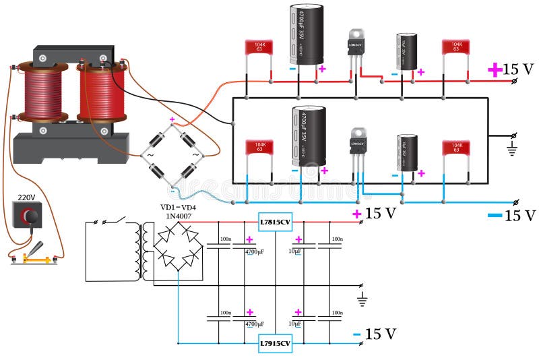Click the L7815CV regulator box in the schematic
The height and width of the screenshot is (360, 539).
(276, 222)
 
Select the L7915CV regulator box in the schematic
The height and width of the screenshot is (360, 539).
(276, 343)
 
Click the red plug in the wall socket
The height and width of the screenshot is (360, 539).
(28, 216)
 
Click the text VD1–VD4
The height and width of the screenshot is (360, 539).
(178, 207)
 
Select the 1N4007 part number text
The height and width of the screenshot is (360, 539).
(178, 216)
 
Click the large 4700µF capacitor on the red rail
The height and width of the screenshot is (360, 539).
(307, 35)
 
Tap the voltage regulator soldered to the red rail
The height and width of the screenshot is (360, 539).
(354, 46)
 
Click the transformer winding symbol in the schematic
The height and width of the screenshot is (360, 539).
(144, 251)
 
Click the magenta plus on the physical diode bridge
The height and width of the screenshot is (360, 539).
(172, 119)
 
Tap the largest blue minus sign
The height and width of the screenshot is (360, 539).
(495, 215)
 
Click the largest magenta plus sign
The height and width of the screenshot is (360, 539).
(495, 69)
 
